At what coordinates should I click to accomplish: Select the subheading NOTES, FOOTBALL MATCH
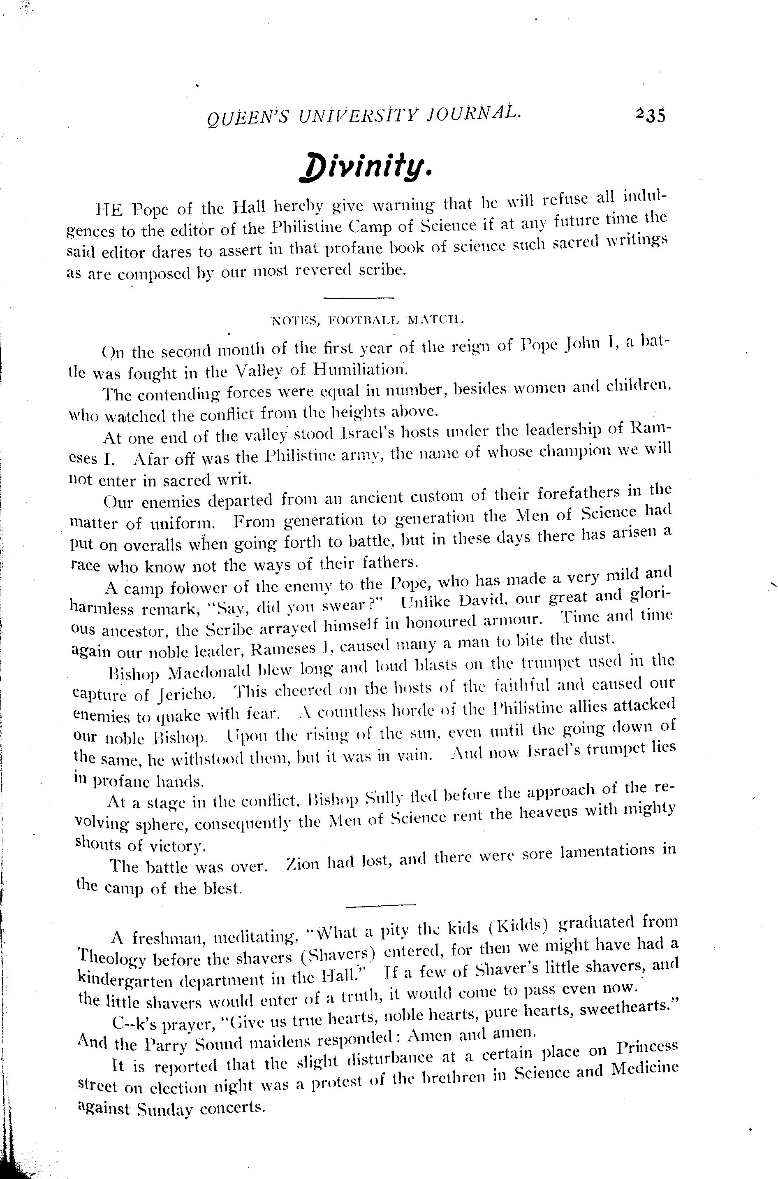pos(368,320)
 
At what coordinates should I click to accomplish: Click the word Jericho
pos(188,693)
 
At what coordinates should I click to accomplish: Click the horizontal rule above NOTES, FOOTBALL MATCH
pos(358,298)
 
